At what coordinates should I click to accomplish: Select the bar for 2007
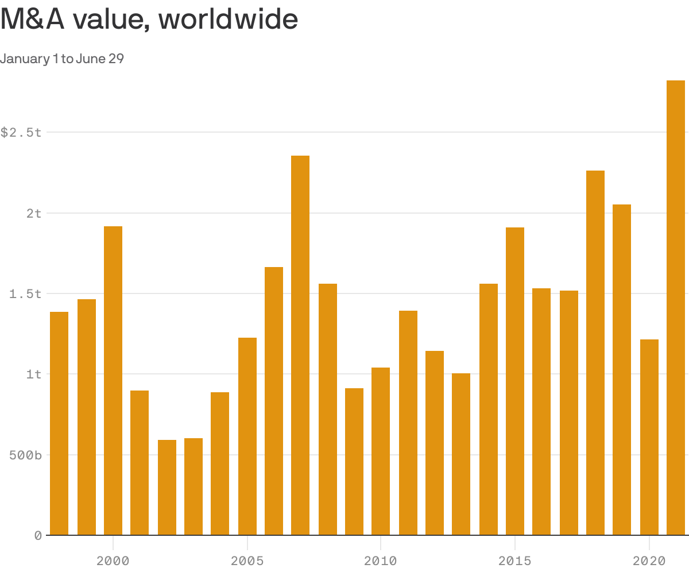[x=300, y=345]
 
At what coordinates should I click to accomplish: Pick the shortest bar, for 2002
[x=167, y=488]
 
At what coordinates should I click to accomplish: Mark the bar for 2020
[x=649, y=437]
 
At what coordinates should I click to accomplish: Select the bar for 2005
[x=247, y=436]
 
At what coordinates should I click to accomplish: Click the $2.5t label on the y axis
[x=21, y=133]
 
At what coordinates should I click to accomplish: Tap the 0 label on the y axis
[x=38, y=536]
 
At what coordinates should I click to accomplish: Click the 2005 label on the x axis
[x=247, y=561]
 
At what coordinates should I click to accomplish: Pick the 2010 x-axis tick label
[x=381, y=561]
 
